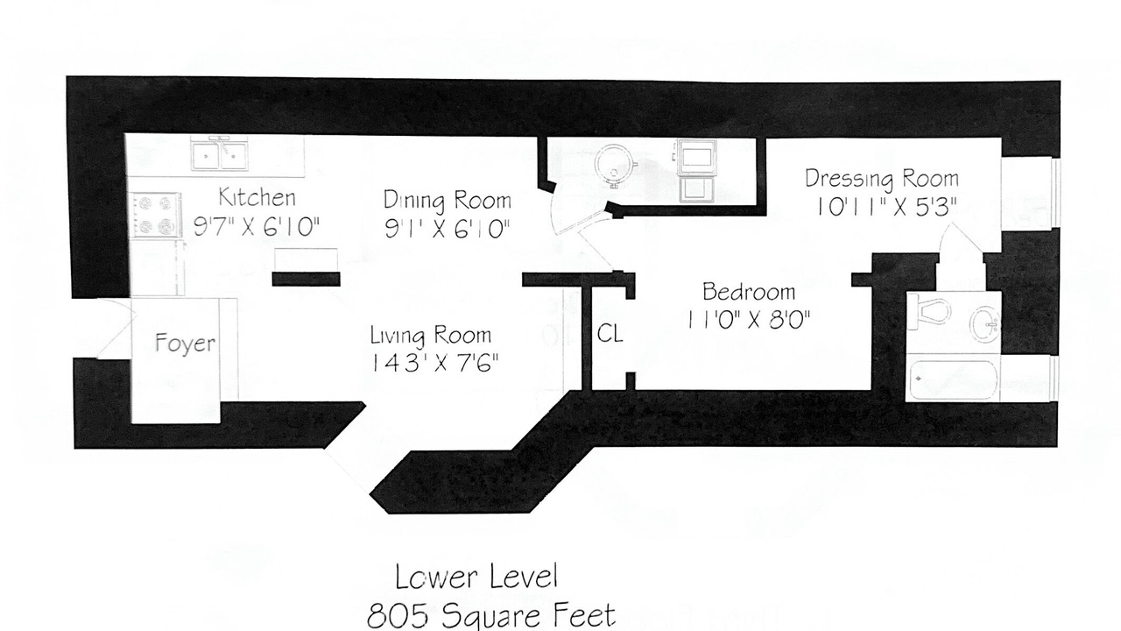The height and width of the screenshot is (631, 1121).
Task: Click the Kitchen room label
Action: click(257, 197)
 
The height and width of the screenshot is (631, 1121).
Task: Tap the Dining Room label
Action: click(448, 201)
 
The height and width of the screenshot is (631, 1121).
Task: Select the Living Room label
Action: click(430, 335)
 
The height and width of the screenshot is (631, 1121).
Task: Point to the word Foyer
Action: click(185, 343)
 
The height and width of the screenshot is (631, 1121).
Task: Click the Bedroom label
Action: click(749, 292)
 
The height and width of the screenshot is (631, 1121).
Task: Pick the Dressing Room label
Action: click(882, 180)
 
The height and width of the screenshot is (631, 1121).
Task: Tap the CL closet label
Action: click(610, 334)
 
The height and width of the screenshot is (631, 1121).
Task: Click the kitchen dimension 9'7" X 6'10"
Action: click(257, 227)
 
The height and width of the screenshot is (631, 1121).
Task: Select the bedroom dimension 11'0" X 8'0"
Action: click(749, 320)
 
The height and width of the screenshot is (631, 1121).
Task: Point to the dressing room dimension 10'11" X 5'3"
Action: click(886, 207)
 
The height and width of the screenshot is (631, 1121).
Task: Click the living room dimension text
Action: click(434, 363)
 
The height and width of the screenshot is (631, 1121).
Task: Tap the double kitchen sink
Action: click(220, 153)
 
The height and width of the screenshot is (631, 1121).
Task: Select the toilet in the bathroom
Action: click(929, 312)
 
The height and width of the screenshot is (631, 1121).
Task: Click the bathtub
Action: click(953, 379)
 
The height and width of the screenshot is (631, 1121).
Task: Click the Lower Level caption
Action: click(476, 577)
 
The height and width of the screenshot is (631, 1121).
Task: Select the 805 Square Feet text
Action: click(491, 615)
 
